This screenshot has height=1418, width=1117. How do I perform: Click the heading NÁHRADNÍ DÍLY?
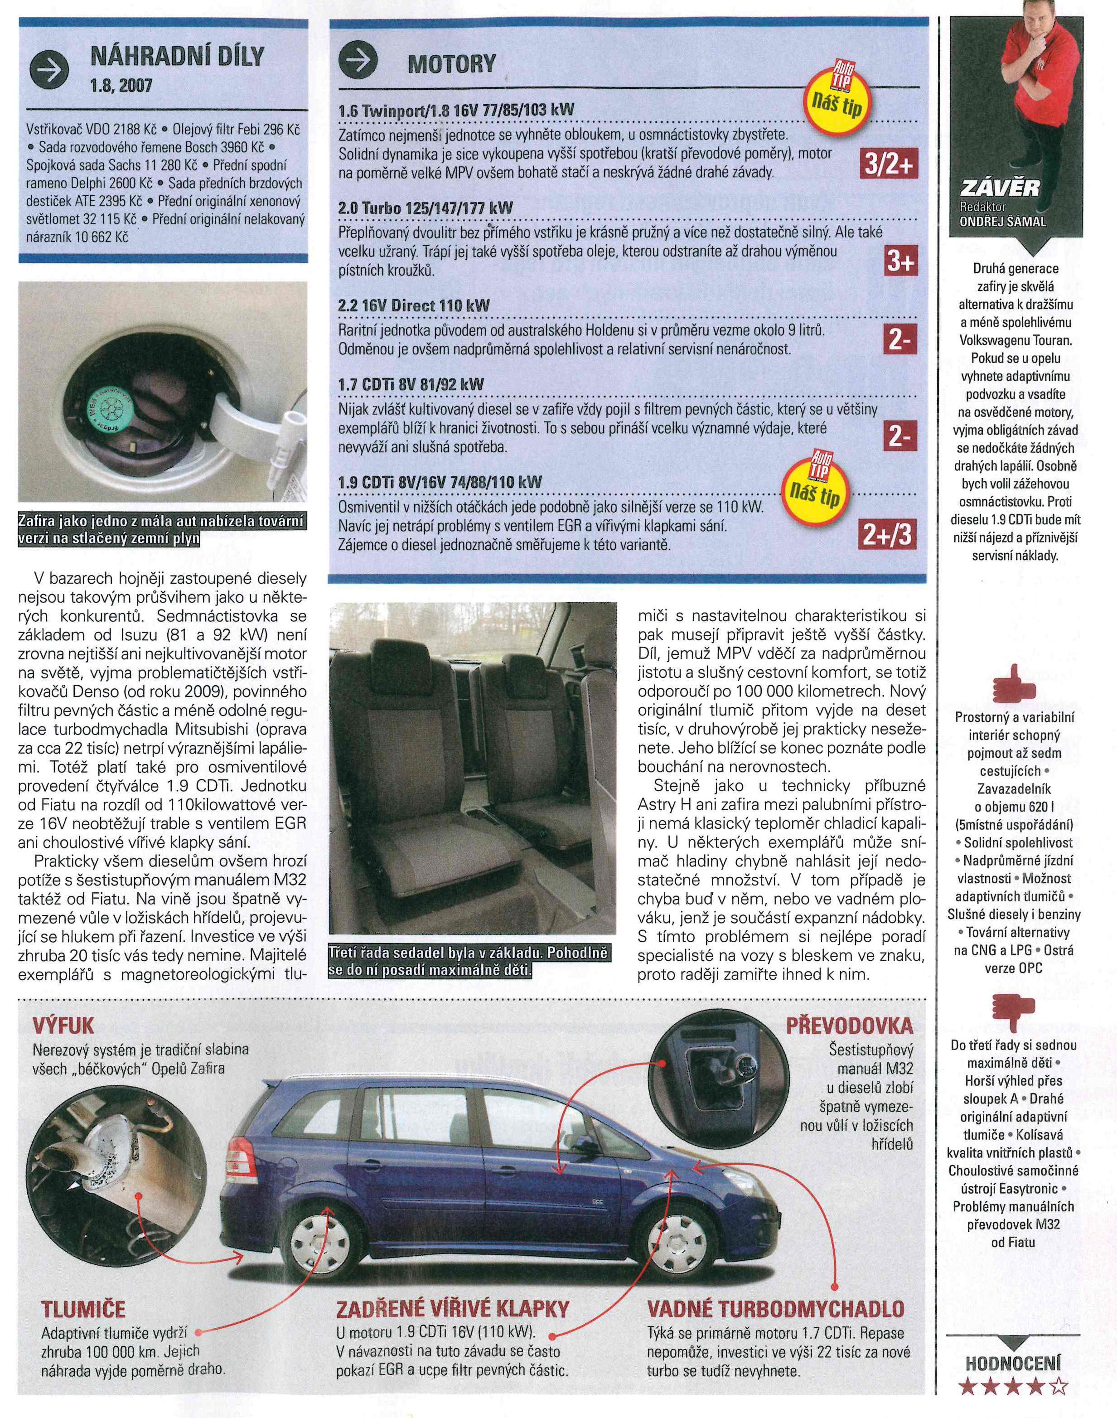tap(177, 58)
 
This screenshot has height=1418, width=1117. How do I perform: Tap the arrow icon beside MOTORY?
tap(358, 63)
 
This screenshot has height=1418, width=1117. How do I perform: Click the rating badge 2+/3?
tap(886, 536)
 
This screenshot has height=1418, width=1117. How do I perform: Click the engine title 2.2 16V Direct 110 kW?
tap(414, 306)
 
